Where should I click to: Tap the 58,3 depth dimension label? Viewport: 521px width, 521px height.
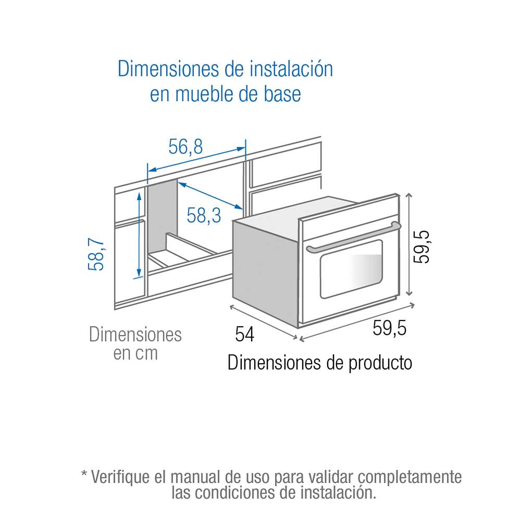pyautogui.click(x=204, y=215)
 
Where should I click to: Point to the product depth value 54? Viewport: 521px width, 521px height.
pyautogui.click(x=244, y=334)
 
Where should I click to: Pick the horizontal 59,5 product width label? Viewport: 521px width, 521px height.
pyautogui.click(x=389, y=329)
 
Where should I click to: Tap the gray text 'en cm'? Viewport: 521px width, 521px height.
pyautogui.click(x=135, y=353)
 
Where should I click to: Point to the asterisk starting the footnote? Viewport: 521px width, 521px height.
pyautogui.click(x=84, y=476)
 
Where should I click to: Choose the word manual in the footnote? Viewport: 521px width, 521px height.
pyautogui.click(x=197, y=477)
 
